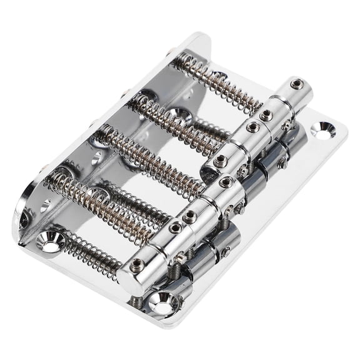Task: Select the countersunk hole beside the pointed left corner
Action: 50,240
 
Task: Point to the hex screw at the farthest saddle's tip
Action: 294,83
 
